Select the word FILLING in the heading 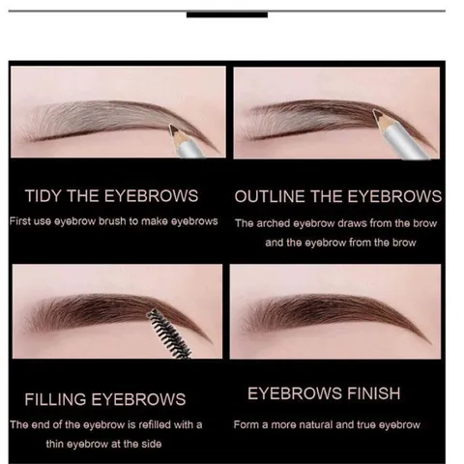pos(55,399)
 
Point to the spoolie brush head pos(168,333)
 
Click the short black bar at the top pos(227,14)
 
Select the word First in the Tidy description pos(19,221)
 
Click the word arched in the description pos(274,223)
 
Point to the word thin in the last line pos(55,444)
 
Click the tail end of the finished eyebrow pos(430,342)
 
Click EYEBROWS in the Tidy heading pos(151,196)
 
